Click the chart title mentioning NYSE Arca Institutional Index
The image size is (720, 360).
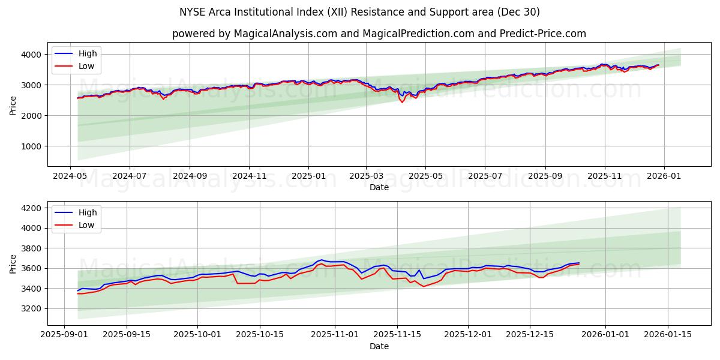pyautogui.click(x=359, y=12)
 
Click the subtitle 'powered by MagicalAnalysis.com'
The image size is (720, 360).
pyautogui.click(x=379, y=34)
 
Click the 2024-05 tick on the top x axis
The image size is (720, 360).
pyautogui.click(x=71, y=176)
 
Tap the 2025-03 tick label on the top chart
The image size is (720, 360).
pyautogui.click(x=366, y=176)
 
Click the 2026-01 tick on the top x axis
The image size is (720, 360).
pyautogui.click(x=663, y=176)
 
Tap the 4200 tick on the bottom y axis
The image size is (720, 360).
pyautogui.click(x=32, y=208)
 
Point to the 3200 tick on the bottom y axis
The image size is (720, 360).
pyautogui.click(x=32, y=308)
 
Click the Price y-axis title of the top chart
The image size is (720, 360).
pyautogui.click(x=13, y=106)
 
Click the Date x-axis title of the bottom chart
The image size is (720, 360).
pyautogui.click(x=379, y=346)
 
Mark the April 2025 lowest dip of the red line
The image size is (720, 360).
pyautogui.click(x=403, y=102)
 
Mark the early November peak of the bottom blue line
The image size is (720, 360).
pyautogui.click(x=322, y=260)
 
